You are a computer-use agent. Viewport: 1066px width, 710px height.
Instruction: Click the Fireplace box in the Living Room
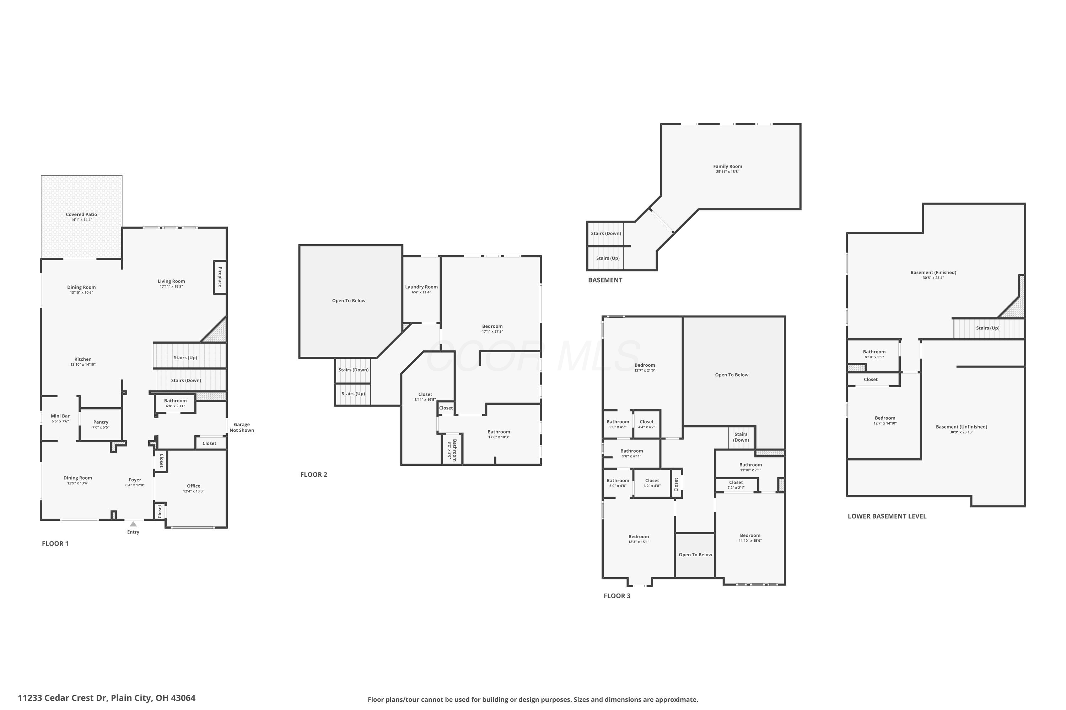click(x=220, y=277)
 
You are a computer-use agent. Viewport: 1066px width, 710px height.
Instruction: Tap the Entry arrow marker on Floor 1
click(x=133, y=524)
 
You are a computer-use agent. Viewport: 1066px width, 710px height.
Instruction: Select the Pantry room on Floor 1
click(x=101, y=424)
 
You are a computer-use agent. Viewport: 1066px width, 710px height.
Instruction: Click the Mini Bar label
click(x=60, y=416)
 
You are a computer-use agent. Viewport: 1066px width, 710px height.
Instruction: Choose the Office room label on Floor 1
click(x=194, y=486)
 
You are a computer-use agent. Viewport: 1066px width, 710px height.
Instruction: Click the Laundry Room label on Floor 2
click(x=421, y=286)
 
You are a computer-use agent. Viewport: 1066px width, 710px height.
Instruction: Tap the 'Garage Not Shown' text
click(x=242, y=427)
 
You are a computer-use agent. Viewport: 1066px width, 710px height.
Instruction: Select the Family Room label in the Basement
click(x=727, y=166)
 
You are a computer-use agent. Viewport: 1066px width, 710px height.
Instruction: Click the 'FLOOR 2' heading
click(x=314, y=475)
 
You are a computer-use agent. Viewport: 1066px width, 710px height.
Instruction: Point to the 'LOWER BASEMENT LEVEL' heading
click(x=887, y=516)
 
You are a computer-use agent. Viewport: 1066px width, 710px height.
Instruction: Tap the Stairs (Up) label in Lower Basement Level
click(x=987, y=328)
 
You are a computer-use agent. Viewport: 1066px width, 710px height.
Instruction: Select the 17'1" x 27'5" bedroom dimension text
click(x=492, y=332)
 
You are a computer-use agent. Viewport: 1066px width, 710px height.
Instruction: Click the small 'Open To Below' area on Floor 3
click(x=695, y=555)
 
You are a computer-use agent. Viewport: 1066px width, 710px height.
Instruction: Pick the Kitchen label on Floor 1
click(x=83, y=359)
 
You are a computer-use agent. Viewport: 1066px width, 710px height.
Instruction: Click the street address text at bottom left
click(x=107, y=698)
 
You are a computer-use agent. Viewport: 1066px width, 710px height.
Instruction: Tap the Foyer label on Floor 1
click(x=135, y=480)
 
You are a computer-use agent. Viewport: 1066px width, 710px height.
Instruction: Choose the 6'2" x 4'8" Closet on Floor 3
click(x=652, y=483)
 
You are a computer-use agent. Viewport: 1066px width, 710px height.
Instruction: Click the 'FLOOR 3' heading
click(x=617, y=596)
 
